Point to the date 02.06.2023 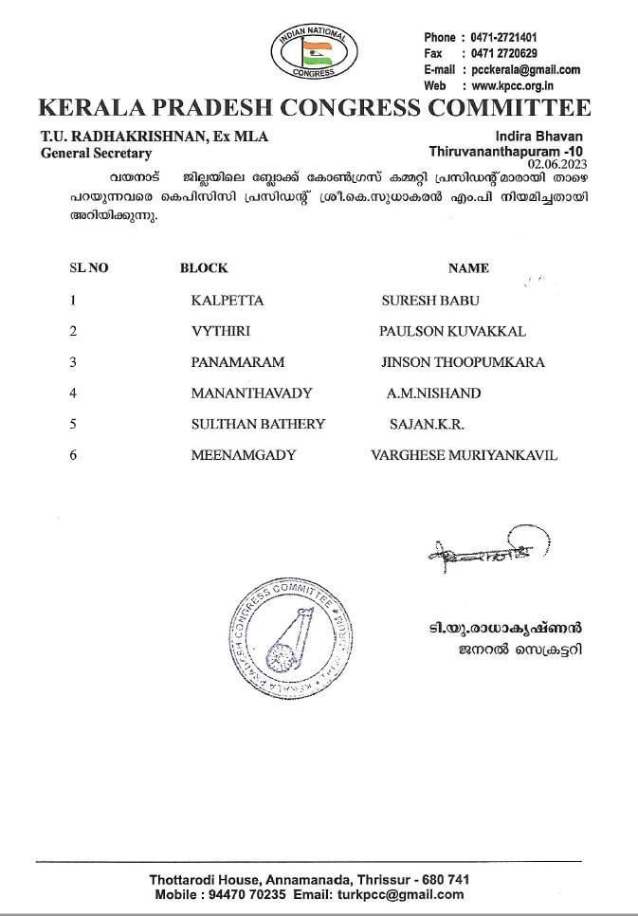click(559, 164)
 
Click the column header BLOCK click(204, 268)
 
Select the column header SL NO click(89, 268)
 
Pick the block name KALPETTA click(227, 301)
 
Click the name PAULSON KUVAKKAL click(452, 331)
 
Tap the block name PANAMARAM click(237, 362)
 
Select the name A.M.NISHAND click(433, 393)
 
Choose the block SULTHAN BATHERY click(258, 424)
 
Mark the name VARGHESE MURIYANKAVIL click(465, 455)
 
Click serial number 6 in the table click(73, 455)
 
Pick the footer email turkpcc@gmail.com click(405, 894)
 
